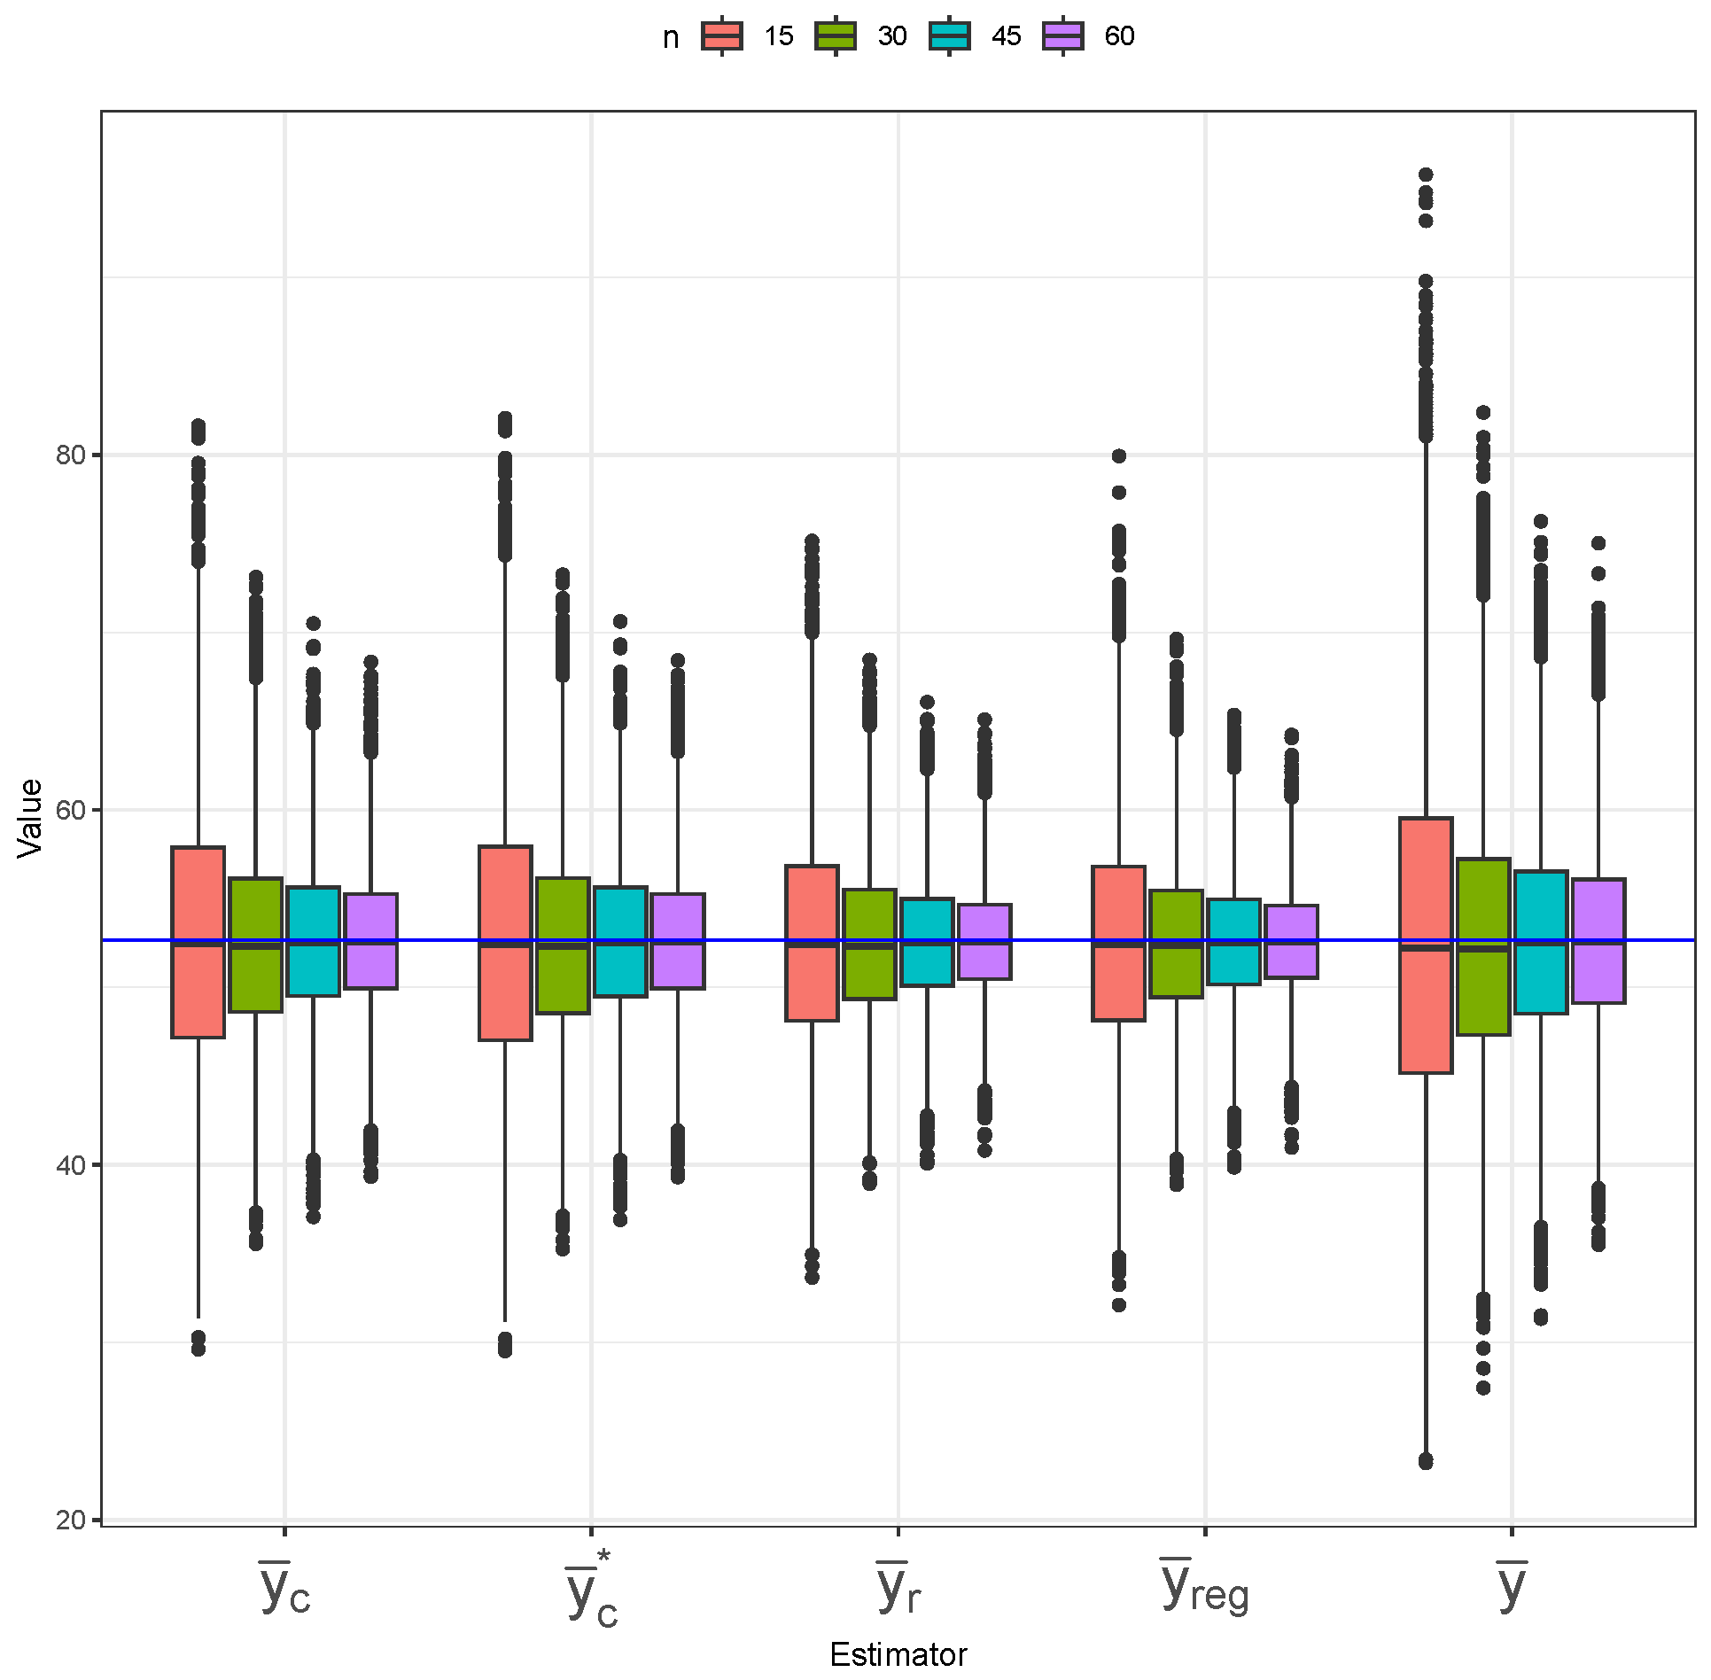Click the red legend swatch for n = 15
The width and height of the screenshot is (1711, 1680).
point(721,36)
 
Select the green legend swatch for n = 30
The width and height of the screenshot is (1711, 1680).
point(835,36)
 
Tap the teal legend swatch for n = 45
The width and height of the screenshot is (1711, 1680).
point(949,36)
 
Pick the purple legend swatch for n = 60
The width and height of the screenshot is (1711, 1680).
point(1062,36)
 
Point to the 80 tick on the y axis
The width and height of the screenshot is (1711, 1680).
point(71,455)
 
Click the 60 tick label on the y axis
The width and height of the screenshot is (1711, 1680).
point(71,810)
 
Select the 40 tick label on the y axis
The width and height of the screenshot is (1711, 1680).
point(71,1165)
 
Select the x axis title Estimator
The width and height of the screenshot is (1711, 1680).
point(898,1654)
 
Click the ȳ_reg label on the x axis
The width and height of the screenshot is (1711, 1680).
point(1204,1587)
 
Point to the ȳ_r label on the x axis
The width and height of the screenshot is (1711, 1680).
point(898,1587)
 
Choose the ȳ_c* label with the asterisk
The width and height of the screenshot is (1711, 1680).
point(591,1591)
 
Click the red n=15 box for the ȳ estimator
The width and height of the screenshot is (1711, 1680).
point(1426,945)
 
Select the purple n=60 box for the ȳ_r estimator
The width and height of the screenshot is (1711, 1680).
point(984,941)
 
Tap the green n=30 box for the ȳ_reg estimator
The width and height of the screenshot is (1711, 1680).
point(1176,944)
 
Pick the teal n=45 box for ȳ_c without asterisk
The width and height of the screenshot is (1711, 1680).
point(313,941)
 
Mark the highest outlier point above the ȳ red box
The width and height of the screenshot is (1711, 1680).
point(1426,175)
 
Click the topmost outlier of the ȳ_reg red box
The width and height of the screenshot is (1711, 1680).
point(1119,456)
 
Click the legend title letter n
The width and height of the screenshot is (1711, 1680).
point(671,38)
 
